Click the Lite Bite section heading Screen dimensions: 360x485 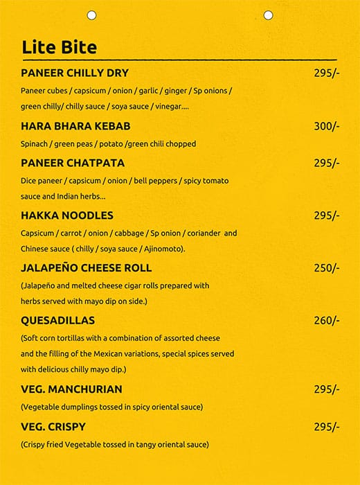[59, 47]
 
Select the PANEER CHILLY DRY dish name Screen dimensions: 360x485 [75, 73]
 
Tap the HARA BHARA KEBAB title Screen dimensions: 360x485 [75, 126]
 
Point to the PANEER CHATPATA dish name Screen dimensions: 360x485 [73, 163]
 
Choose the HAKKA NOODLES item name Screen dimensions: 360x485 [66, 215]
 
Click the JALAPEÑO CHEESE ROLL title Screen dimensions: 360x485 [87, 268]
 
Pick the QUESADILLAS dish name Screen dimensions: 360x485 [57, 321]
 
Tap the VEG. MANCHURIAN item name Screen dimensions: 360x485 [71, 389]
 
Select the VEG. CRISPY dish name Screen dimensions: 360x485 [53, 427]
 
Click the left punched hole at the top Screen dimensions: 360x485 [91, 15]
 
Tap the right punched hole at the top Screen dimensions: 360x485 [268, 15]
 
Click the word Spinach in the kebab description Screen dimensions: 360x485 [35, 144]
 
